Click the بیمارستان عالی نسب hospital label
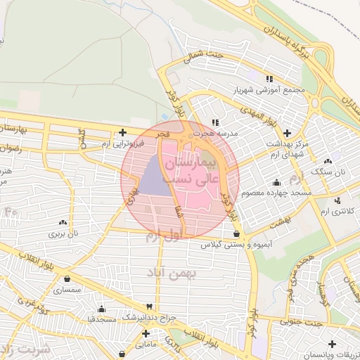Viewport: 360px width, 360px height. pos(193,171)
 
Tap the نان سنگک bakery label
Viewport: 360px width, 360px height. pos(330,172)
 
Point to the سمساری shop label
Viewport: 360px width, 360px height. pos(72,289)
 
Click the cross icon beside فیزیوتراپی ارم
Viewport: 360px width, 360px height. pos(122,131)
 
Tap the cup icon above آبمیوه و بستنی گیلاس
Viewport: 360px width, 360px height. pos(235,233)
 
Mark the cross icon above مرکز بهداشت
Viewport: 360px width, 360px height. pos(287,133)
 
